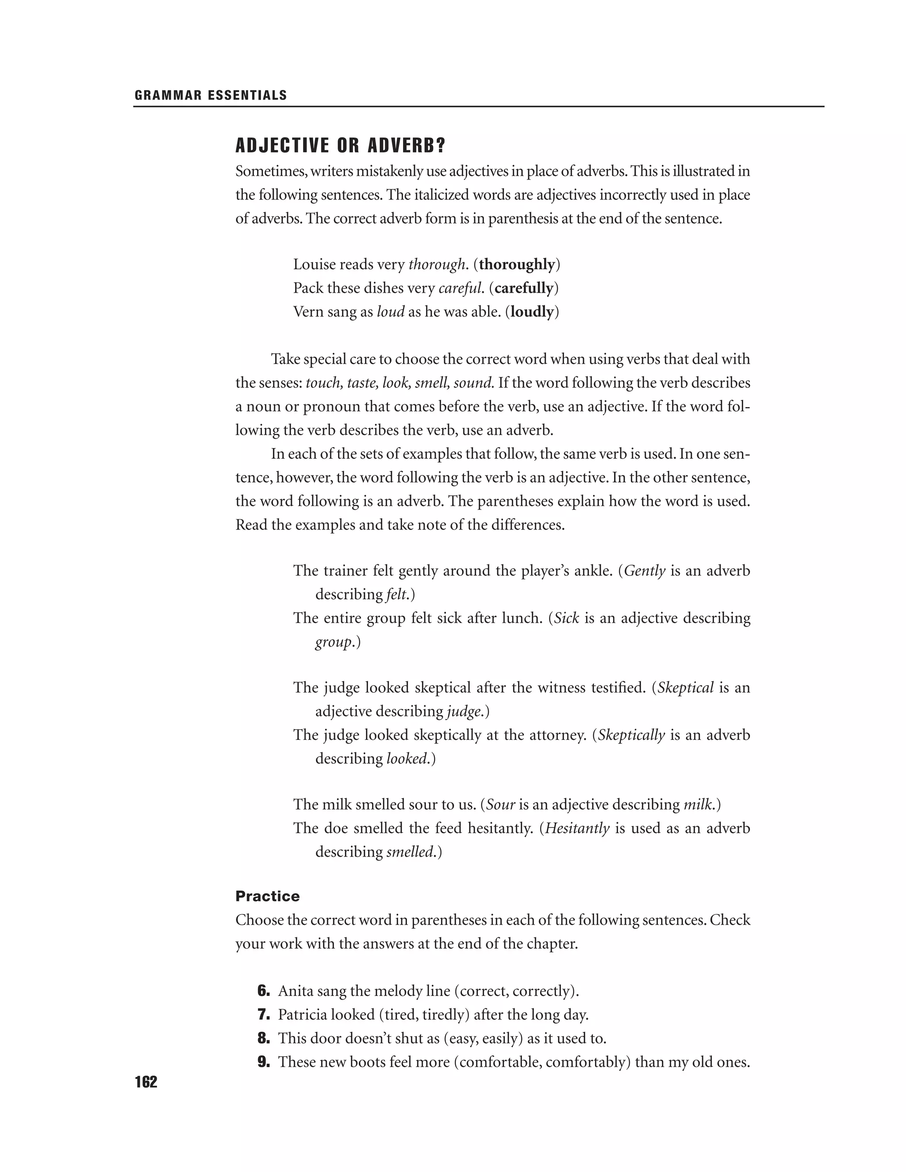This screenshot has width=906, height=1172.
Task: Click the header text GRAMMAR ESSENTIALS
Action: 211,96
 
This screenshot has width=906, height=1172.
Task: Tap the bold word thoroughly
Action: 517,264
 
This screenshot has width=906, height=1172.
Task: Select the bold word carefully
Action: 524,288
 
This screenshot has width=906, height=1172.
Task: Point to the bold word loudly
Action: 532,312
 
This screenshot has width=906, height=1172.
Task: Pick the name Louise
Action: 314,264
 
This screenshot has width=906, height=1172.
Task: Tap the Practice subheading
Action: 267,896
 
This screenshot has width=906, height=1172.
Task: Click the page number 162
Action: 146,1082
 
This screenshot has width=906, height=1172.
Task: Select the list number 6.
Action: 264,991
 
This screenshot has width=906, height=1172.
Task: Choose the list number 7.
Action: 264,1015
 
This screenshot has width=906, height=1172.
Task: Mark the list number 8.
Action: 264,1038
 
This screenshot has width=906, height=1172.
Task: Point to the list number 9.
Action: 264,1062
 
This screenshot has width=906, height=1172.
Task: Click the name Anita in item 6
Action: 295,991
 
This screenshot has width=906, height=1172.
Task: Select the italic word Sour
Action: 501,805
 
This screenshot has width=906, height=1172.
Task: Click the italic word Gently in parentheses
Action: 645,571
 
